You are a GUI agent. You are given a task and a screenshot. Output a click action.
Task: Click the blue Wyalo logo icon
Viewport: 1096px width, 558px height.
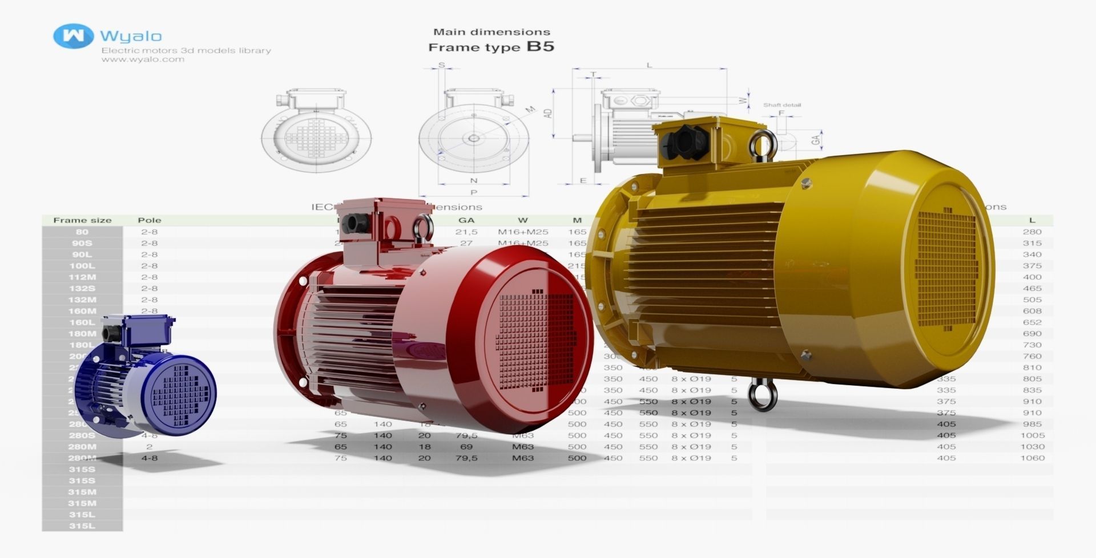72,36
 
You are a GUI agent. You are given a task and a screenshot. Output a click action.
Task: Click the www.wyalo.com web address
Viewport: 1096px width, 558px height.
143,59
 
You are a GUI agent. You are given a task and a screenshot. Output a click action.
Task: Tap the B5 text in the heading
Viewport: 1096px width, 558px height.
540,46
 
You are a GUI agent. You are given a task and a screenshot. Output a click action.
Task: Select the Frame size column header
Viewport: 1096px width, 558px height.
82,220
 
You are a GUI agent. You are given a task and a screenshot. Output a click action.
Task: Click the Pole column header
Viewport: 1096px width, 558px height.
149,220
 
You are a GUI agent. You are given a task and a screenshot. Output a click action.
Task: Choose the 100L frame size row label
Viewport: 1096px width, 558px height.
82,266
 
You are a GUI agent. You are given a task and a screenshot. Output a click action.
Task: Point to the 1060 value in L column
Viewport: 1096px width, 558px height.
1032,458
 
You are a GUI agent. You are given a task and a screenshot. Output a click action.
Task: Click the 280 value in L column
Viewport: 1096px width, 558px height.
1032,232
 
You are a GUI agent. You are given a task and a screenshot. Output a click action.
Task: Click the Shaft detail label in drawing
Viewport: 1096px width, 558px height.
781,105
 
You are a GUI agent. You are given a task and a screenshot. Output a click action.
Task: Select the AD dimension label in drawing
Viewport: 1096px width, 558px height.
548,113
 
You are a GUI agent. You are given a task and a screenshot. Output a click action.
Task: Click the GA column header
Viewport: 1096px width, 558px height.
466,220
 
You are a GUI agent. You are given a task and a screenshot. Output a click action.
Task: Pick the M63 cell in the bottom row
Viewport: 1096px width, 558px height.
522,458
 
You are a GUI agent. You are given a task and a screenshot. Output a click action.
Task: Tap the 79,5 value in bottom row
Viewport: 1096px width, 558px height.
466,458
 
